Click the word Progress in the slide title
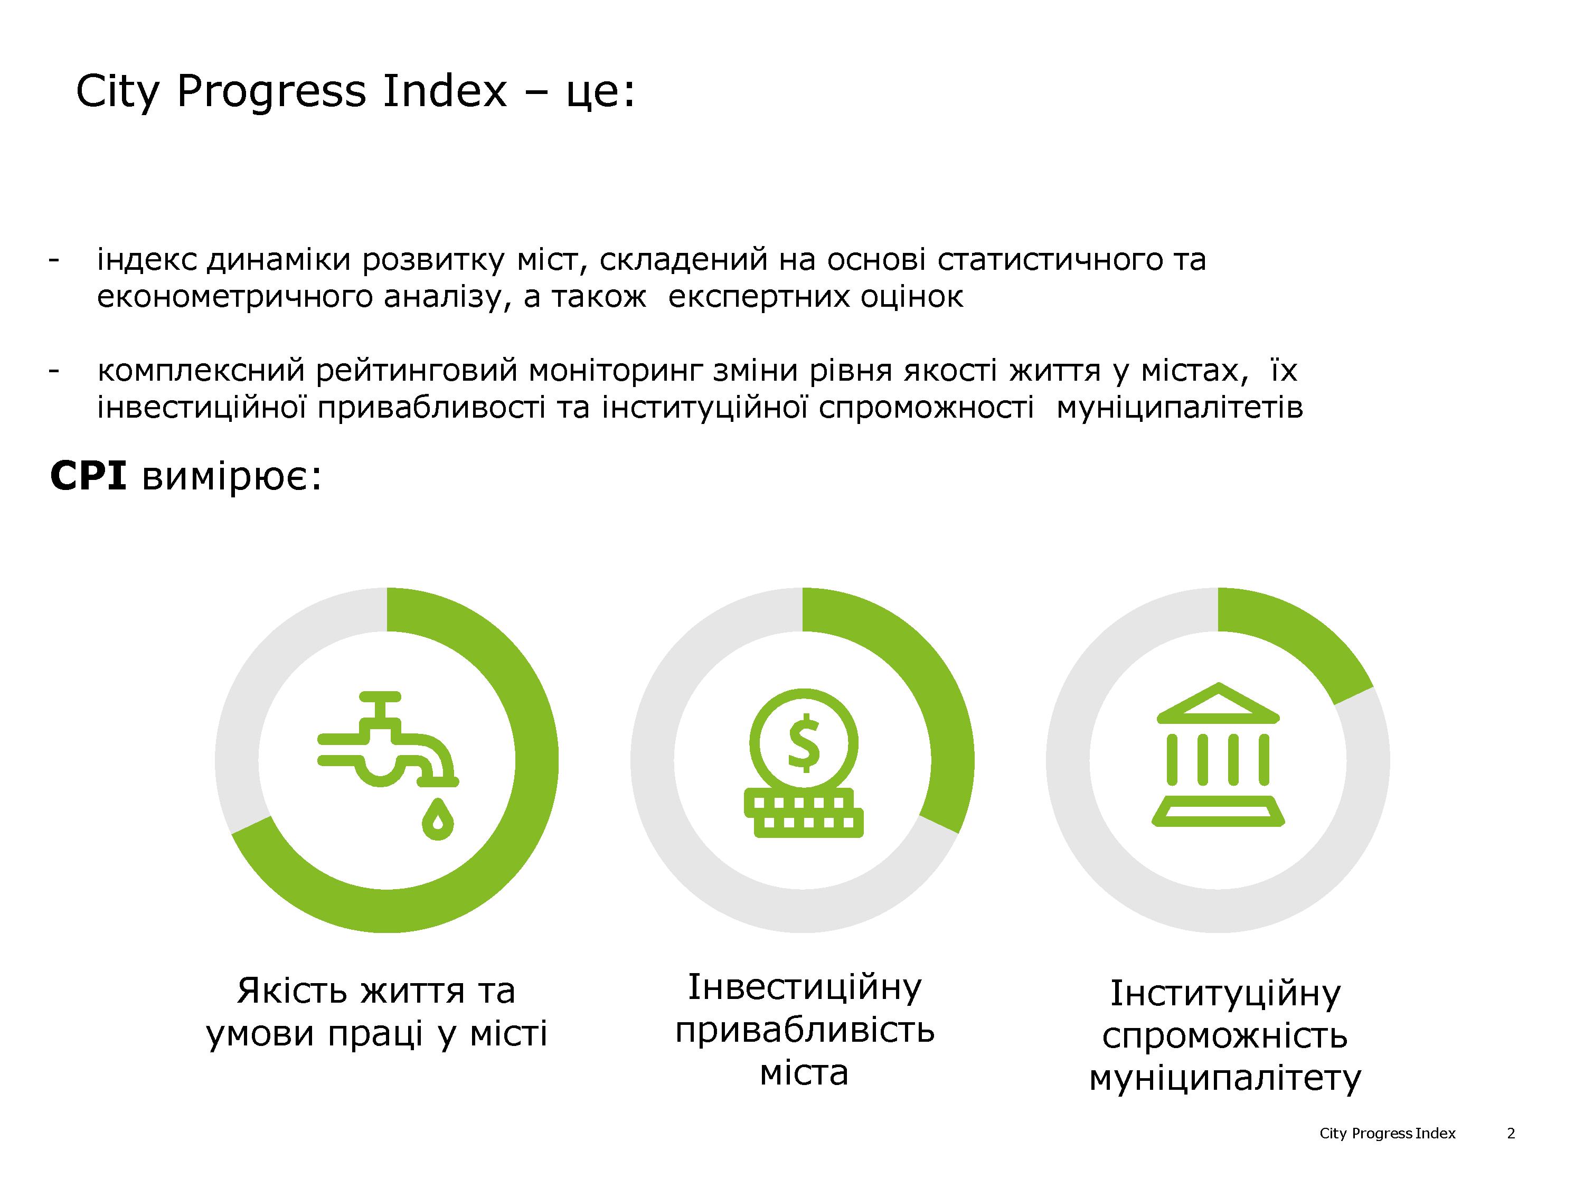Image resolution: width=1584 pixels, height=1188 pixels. tap(271, 92)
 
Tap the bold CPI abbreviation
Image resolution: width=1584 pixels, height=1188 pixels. tap(89, 476)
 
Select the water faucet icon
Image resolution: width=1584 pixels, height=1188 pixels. tap(388, 765)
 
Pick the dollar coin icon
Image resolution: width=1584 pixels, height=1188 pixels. tap(804, 762)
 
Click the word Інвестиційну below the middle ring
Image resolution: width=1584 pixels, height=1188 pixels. tap(804, 987)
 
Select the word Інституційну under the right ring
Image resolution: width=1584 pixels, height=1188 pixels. tap(1224, 993)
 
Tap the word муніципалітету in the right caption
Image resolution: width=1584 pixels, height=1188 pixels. tap(1224, 1078)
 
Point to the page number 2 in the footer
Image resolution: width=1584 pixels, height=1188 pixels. tap(1511, 1134)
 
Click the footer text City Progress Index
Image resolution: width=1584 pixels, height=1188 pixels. tap(1387, 1134)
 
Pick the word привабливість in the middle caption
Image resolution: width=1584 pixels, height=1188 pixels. tap(804, 1031)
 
